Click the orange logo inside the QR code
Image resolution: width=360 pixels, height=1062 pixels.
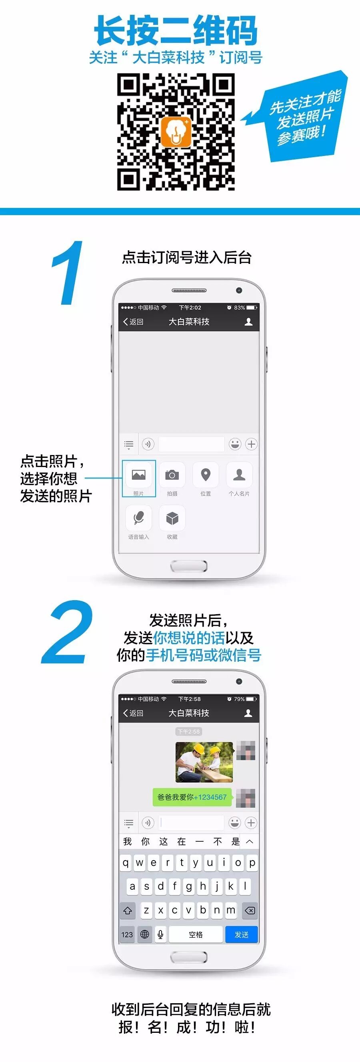(176, 132)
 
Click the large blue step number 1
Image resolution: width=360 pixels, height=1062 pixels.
(67, 273)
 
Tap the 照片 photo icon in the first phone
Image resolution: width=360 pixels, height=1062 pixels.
(138, 475)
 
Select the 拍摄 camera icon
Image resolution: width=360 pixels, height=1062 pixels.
(172, 475)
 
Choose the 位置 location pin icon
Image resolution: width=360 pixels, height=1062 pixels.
(206, 475)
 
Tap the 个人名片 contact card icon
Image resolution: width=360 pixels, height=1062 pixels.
(239, 475)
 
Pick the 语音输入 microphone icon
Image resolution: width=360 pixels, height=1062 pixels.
(138, 518)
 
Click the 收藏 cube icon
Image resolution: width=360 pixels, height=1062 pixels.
(172, 518)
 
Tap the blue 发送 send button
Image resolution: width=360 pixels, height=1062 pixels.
(242, 934)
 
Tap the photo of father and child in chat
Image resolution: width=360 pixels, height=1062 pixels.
(204, 762)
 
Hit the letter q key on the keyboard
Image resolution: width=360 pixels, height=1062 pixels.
(126, 863)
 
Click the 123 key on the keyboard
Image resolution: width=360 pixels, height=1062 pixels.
(127, 934)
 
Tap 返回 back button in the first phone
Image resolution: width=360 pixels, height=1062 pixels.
(133, 321)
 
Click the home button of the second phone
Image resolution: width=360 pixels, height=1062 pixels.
(189, 957)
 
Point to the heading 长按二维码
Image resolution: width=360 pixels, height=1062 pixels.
(176, 30)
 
